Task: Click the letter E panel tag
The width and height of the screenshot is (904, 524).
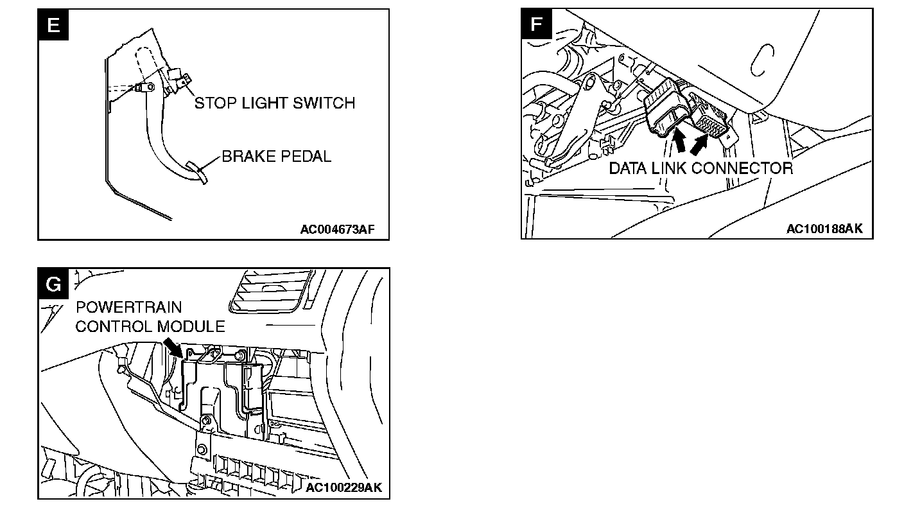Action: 53,25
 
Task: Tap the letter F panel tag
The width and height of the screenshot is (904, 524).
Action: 536,25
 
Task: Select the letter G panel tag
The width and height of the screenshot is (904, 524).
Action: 53,283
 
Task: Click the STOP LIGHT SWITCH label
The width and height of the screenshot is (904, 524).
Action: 274,103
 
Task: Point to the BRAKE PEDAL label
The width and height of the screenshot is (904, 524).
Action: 277,156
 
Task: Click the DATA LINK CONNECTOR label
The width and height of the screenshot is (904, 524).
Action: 700,168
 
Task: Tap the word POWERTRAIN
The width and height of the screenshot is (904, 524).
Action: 128,308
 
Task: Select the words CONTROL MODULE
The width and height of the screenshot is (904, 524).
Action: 150,326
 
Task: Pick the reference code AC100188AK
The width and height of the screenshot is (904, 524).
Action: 825,229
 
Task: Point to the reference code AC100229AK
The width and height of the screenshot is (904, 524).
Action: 343,487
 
